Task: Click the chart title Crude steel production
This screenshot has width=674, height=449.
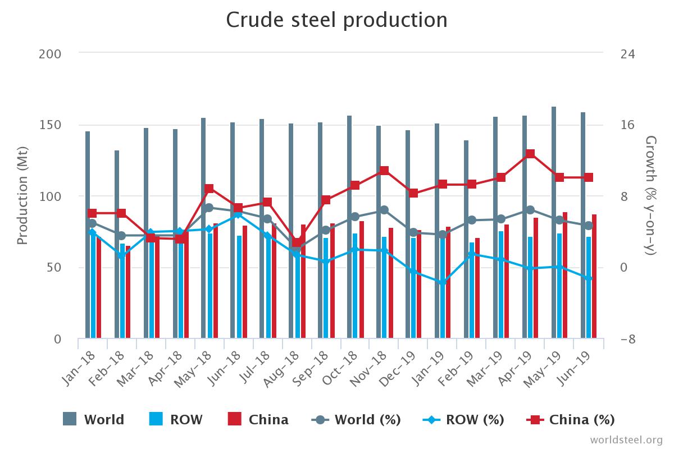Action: pyautogui.click(x=336, y=20)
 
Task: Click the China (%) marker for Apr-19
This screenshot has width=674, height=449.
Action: pyautogui.click(x=530, y=154)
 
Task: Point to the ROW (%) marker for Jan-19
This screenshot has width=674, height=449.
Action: pyautogui.click(x=442, y=282)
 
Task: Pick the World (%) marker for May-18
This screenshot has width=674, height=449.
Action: pyautogui.click(x=209, y=208)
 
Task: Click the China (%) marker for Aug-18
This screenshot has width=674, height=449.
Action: pyautogui.click(x=297, y=243)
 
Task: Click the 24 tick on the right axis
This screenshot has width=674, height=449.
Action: pyautogui.click(x=627, y=54)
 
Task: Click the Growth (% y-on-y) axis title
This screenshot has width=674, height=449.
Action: pyautogui.click(x=651, y=196)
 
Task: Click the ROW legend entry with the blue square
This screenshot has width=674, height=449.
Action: pyautogui.click(x=176, y=419)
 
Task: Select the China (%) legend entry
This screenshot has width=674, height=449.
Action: pyautogui.click(x=570, y=419)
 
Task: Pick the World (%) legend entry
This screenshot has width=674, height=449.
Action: pyautogui.click(x=356, y=419)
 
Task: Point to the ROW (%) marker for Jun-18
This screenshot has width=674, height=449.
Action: pyautogui.click(x=238, y=214)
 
